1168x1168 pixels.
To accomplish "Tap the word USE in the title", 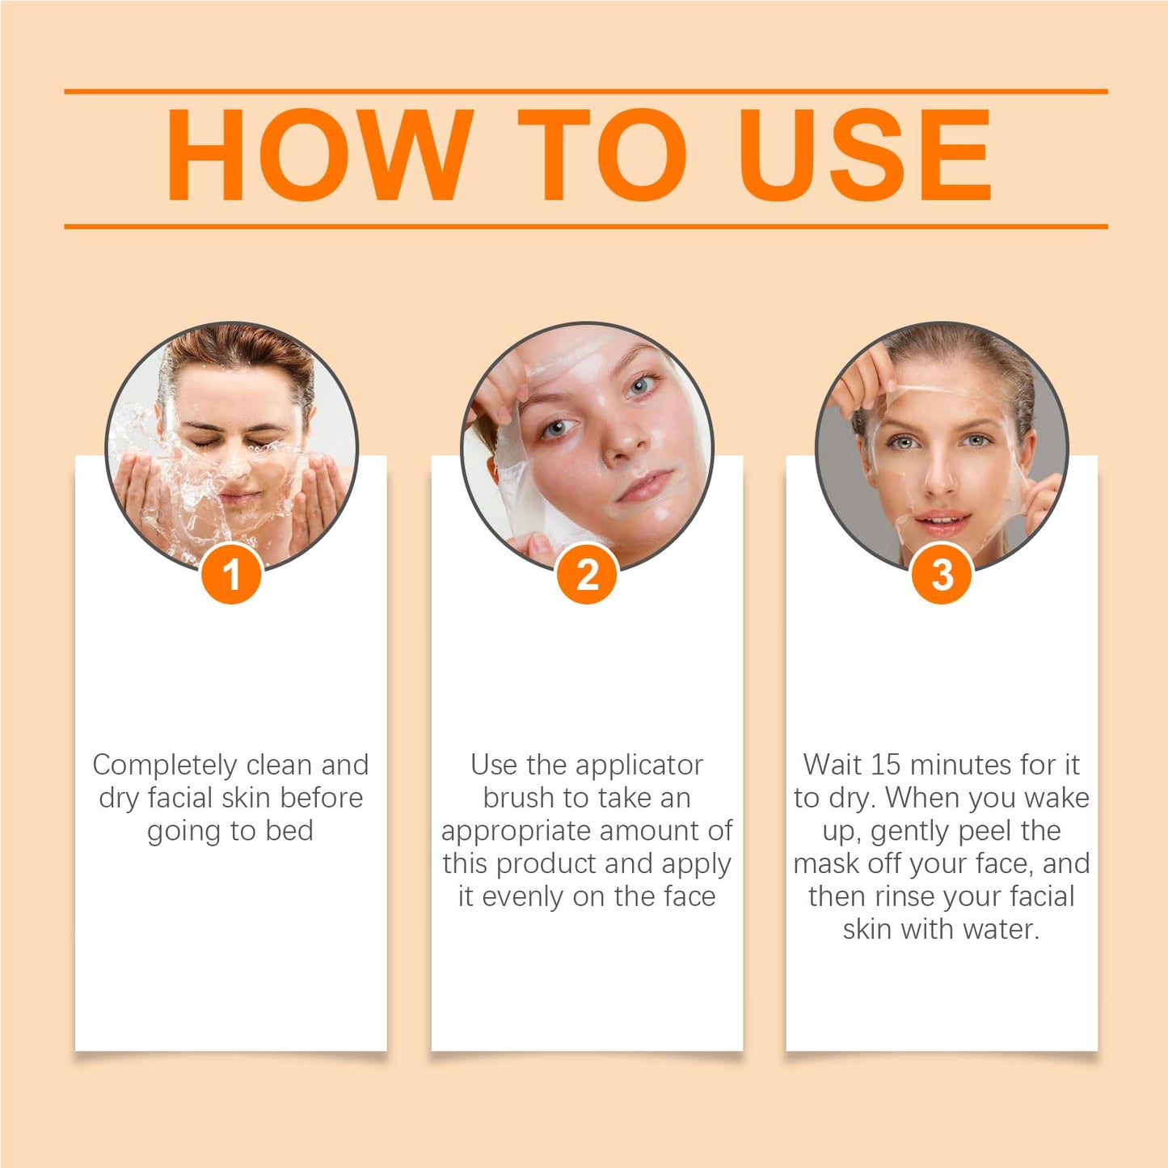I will click(x=864, y=154).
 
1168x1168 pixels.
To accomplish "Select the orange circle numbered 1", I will click(x=231, y=575).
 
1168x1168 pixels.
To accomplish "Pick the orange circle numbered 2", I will click(x=588, y=575).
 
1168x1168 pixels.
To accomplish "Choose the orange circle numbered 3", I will click(x=942, y=575).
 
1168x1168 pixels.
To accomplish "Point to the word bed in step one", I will click(x=289, y=830).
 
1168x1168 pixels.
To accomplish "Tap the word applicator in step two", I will click(x=639, y=765).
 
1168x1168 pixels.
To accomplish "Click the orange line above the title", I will click(x=585, y=92).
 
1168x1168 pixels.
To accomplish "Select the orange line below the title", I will click(x=585, y=226).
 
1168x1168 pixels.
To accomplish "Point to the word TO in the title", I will click(x=602, y=154).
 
